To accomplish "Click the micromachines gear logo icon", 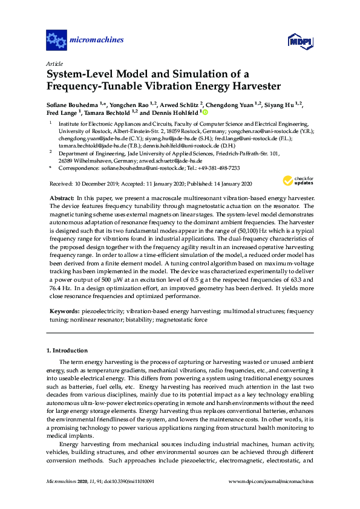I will [57, 41].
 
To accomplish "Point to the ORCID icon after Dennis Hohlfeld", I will [205, 112].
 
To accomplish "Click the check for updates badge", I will [296, 181].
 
